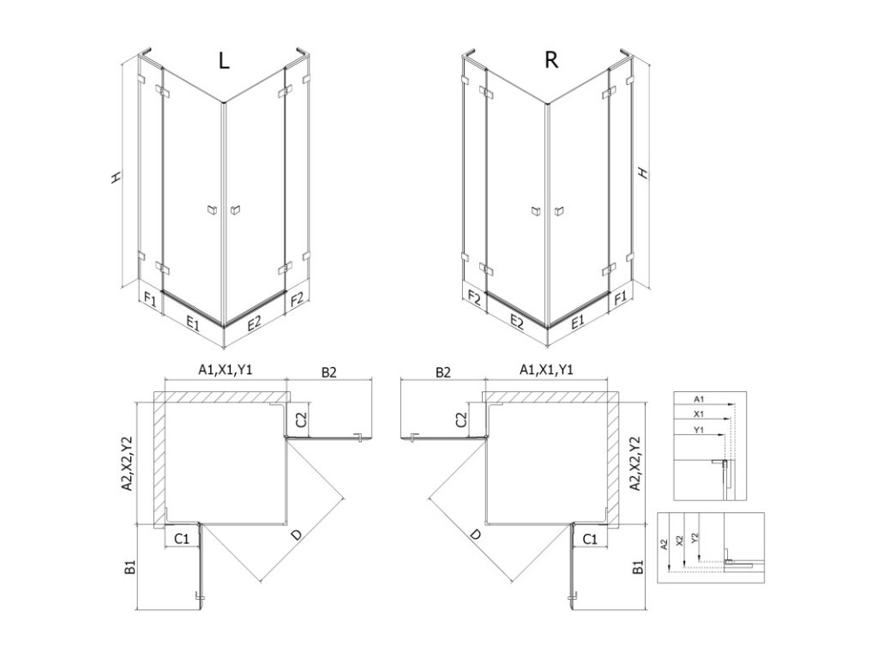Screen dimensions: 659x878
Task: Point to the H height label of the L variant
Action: pos(116,177)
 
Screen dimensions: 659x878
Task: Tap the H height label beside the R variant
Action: pos(644,173)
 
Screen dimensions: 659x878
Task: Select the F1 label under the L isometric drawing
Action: pos(150,299)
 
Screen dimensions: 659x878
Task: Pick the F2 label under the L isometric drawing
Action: pos(298,299)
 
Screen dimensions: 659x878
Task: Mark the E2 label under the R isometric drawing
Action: pos(517,322)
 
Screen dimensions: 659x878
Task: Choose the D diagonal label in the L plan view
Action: pos(297,536)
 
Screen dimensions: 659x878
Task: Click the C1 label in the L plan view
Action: pos(182,539)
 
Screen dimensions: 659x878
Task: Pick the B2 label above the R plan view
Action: pos(442,372)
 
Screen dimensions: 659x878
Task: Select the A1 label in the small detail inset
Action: pos(698,398)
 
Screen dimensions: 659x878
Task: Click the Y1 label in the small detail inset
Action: pos(698,429)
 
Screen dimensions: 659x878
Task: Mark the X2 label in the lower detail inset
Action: pos(678,541)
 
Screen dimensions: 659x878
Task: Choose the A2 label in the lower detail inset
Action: pos(665,544)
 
